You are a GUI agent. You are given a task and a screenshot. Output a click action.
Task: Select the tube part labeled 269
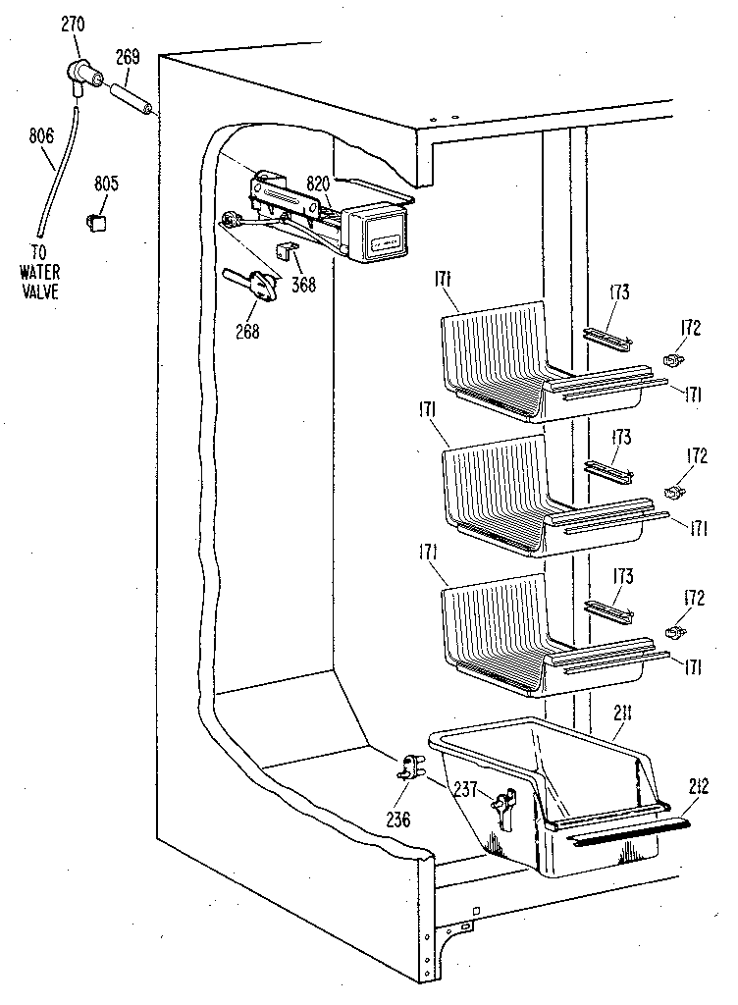(x=131, y=98)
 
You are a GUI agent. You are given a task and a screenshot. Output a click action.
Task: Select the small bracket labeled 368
(x=286, y=253)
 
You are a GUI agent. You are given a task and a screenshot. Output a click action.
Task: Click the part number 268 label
(x=247, y=331)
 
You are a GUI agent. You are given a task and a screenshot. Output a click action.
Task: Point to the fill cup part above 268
(x=257, y=286)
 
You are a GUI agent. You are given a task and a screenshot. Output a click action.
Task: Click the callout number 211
(x=618, y=728)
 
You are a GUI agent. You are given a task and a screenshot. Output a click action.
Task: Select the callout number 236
(x=397, y=820)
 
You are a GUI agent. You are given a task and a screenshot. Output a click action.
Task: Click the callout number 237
(x=464, y=787)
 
